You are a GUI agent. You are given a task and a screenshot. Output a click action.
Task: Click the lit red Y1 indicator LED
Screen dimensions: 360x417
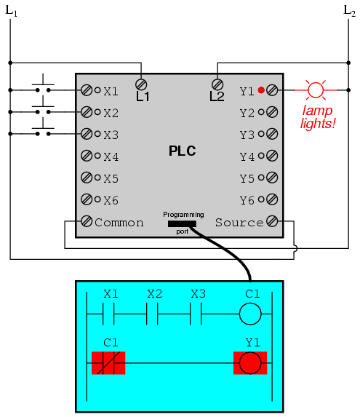[x=261, y=90]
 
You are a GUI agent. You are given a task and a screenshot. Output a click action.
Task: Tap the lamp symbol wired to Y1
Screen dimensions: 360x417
[x=316, y=90]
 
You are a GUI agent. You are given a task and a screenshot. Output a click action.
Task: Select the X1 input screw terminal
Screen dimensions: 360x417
[x=87, y=90]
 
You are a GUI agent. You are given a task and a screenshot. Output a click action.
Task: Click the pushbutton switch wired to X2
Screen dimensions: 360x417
[x=43, y=108]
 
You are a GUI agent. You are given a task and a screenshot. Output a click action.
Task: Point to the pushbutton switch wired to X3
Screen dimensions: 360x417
[x=43, y=130]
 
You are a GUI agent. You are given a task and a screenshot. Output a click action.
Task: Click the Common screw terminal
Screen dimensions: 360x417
[x=87, y=221]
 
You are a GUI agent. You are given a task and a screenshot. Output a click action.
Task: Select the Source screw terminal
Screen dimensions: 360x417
[x=272, y=221]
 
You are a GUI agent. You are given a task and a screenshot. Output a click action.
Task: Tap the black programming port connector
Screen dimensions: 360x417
[x=182, y=223]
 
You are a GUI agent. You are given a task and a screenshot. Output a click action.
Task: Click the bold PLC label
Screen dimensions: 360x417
[x=183, y=151]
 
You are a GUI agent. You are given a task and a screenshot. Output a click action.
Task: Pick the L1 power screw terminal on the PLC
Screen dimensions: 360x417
[x=141, y=84]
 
